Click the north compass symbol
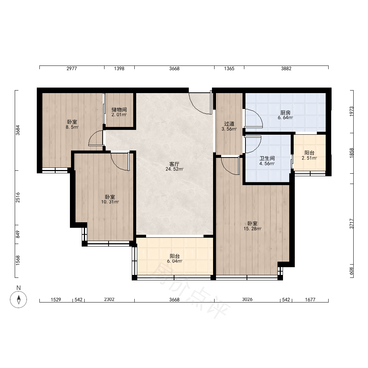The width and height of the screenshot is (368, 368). (x=18, y=299)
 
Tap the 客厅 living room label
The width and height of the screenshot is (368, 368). (x=174, y=164)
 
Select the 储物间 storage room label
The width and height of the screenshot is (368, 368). (x=119, y=110)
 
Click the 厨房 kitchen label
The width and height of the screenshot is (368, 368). (x=286, y=113)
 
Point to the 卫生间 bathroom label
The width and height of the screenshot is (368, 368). (x=267, y=158)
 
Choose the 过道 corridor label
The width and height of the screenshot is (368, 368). (x=229, y=124)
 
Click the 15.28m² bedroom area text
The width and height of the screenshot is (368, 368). (x=252, y=229)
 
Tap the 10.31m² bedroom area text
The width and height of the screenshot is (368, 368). (x=110, y=202)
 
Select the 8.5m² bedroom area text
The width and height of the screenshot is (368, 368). (x=72, y=127)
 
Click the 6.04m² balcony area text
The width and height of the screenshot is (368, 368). (x=174, y=261)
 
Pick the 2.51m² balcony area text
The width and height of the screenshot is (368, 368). (x=309, y=158)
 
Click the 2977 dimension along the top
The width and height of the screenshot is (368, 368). (x=72, y=68)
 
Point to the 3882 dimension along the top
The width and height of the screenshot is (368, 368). (x=286, y=68)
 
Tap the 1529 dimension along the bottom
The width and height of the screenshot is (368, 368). (x=56, y=300)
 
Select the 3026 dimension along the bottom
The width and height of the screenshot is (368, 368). (x=247, y=299)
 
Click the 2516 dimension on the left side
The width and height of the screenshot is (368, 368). (x=18, y=197)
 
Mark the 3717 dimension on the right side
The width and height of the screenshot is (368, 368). (x=351, y=224)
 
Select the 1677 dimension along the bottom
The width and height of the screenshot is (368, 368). (x=310, y=300)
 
